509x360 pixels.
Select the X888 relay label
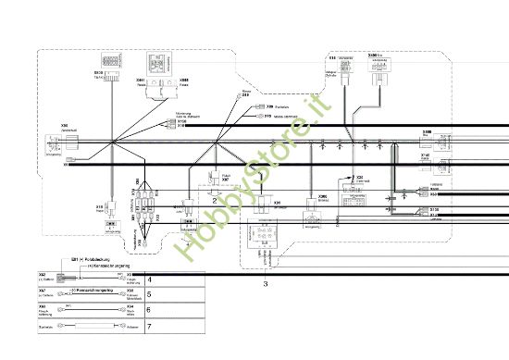(184, 81)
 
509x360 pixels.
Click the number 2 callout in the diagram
(215, 200)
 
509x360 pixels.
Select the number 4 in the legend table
(151, 278)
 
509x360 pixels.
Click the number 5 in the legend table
(151, 294)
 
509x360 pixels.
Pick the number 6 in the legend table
(151, 310)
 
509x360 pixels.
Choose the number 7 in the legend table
(151, 326)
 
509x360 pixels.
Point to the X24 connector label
(359, 175)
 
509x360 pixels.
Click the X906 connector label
(323, 196)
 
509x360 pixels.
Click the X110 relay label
(100, 206)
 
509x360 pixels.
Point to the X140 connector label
(426, 155)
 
